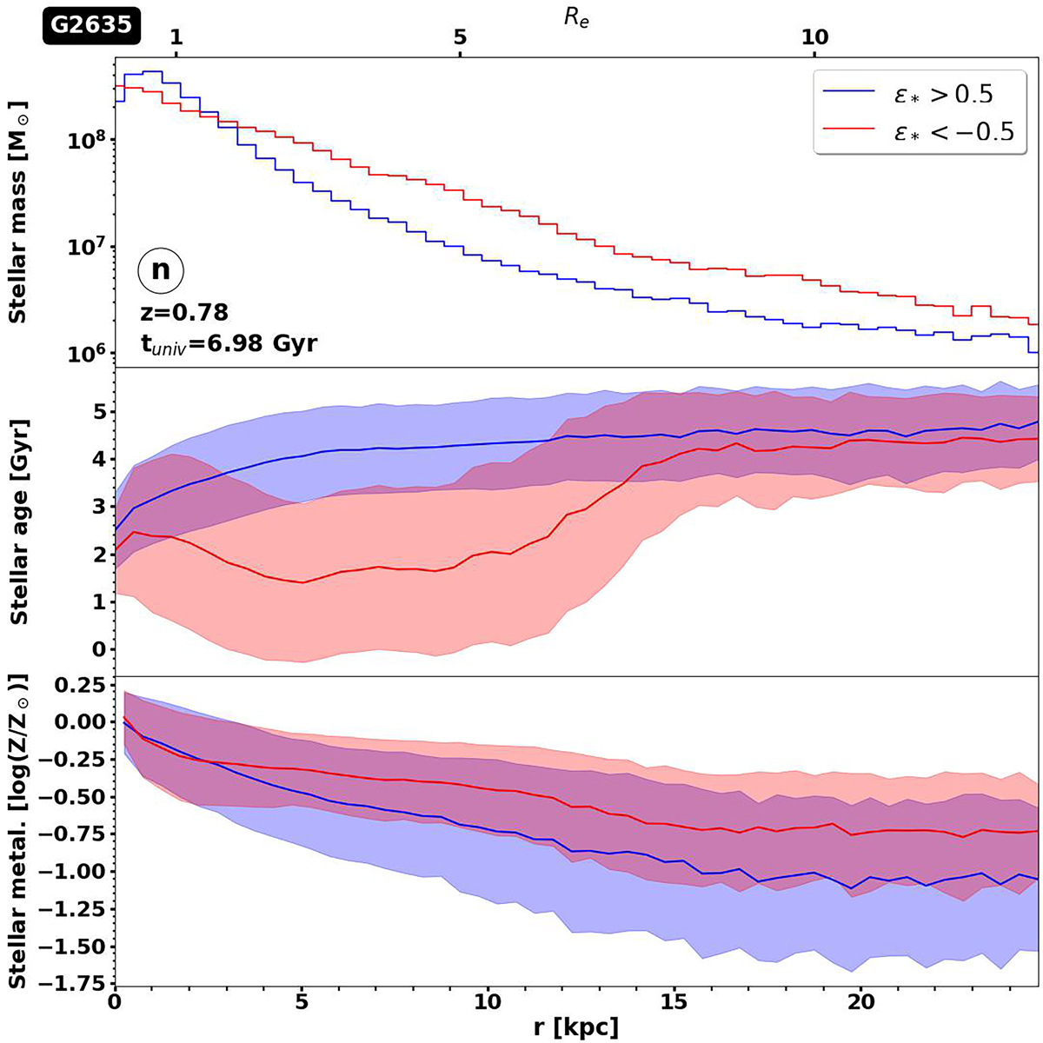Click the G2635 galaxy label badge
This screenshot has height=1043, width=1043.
click(x=89, y=25)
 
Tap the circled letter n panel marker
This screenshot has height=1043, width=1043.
click(x=161, y=270)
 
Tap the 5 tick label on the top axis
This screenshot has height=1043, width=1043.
click(x=460, y=38)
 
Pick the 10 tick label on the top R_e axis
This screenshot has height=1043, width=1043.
click(x=814, y=38)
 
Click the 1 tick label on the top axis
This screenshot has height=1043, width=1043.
click(x=176, y=38)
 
